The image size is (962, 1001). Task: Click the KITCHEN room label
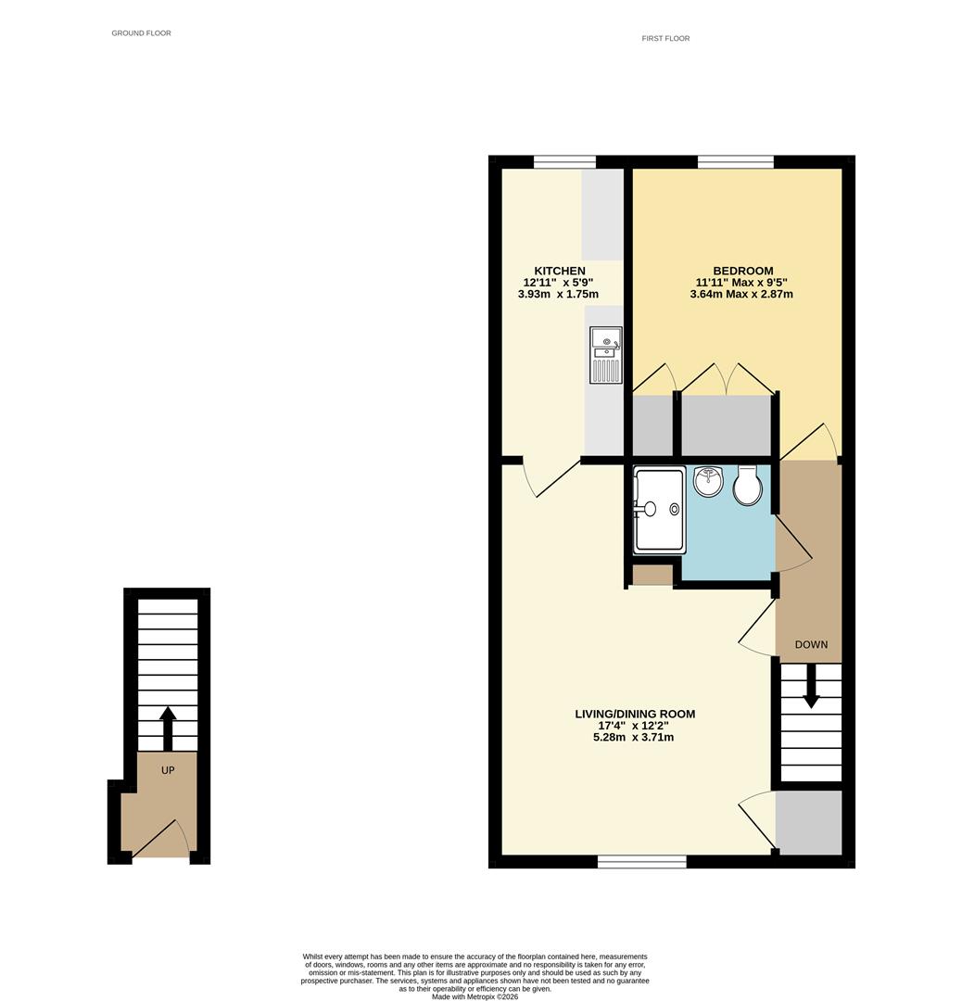point(559,271)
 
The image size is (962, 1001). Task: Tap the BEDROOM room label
point(741,271)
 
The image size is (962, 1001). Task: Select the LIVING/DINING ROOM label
point(635,714)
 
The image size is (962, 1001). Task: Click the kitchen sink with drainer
point(605,355)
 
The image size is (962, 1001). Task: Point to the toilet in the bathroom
point(747,485)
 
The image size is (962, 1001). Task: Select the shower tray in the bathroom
point(659,510)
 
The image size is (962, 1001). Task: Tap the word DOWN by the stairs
point(811,644)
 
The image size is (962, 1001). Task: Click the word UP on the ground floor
point(168,769)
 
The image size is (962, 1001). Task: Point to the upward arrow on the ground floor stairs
point(168,728)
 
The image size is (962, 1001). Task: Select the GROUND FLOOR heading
point(141,33)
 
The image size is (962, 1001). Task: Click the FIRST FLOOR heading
point(665,38)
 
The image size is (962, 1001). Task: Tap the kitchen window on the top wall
point(564,162)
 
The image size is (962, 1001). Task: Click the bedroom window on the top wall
point(735,162)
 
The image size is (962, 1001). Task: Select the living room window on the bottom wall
point(641,862)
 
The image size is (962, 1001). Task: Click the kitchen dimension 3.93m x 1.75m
point(558,295)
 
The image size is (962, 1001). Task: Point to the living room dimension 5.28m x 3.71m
point(635,738)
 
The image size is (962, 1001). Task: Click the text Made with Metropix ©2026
point(475,996)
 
